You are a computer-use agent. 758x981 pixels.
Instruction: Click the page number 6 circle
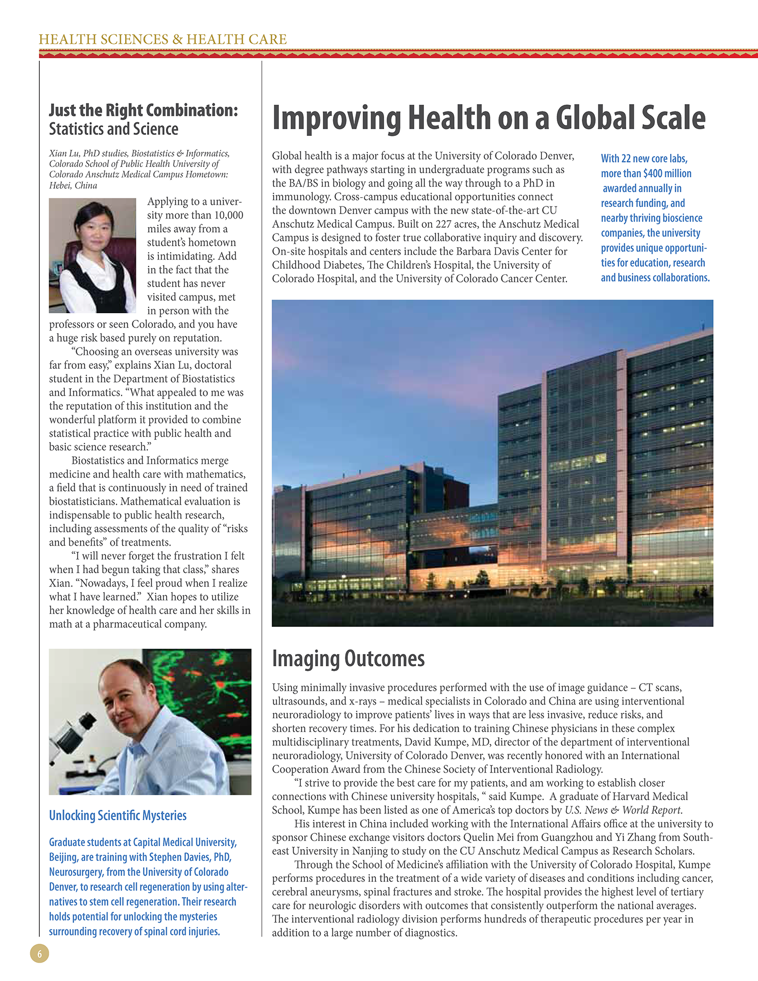40,953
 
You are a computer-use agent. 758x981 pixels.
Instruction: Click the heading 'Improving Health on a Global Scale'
488,118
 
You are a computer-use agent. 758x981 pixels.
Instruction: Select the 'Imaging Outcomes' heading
348,659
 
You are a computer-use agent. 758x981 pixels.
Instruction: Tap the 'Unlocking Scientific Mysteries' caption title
117,815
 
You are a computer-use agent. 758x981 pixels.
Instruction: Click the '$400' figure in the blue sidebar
652,174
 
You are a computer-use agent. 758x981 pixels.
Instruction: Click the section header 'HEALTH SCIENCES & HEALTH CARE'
162,39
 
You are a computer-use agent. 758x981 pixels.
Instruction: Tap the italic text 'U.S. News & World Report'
623,810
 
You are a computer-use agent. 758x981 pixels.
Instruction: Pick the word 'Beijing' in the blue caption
63,857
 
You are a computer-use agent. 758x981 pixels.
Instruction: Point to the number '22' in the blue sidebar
626,159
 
